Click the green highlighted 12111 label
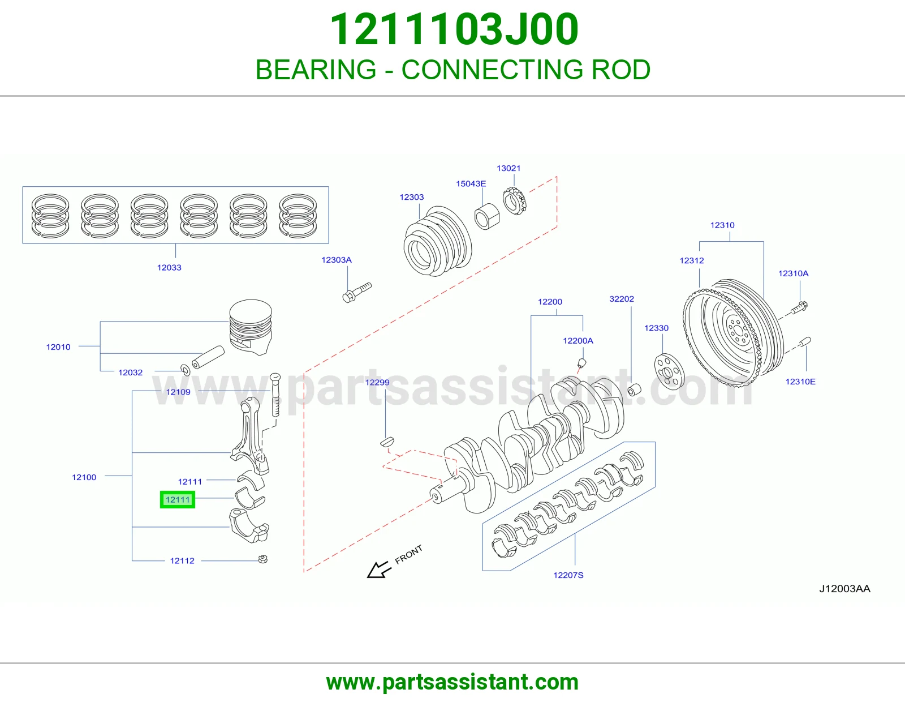pos(178,499)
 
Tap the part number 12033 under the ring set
pos(169,268)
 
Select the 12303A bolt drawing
pos(356,292)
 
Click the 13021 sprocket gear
pos(515,200)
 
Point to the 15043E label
pos(471,183)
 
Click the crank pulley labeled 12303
pos(438,241)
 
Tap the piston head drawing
pos(251,327)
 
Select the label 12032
pos(130,373)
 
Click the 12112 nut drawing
pos(263,559)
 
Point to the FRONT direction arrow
pos(379,570)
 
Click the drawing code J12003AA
pos(844,589)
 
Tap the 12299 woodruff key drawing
pos(387,442)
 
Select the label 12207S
pos(568,575)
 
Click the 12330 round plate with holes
pos(669,371)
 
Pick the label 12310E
pos(800,382)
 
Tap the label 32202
pos(622,299)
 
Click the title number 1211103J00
pos(454,29)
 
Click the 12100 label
pos(84,477)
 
